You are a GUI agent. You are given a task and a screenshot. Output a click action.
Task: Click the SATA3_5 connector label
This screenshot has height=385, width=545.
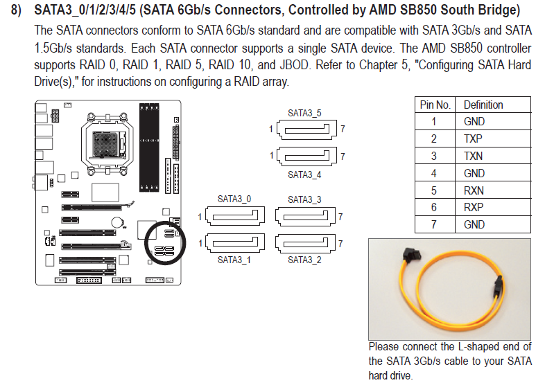[304, 113]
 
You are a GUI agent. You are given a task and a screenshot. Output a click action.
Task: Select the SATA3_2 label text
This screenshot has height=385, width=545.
[304, 260]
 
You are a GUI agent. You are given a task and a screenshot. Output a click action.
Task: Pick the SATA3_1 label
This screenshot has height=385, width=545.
[234, 260]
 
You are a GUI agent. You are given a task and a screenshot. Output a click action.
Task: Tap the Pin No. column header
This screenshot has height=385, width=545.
[435, 105]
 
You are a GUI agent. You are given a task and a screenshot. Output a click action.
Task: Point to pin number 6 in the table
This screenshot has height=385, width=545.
[434, 207]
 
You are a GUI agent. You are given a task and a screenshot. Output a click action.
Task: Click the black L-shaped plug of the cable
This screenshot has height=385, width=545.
[413, 256]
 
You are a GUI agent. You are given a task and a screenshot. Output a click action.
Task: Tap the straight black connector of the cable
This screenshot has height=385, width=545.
[498, 287]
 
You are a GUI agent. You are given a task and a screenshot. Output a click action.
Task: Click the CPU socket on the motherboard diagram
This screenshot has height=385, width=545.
[107, 143]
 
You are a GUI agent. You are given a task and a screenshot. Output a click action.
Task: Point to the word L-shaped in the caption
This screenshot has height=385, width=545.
[480, 346]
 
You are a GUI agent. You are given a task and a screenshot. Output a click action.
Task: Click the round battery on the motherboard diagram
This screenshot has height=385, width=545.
[117, 222]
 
